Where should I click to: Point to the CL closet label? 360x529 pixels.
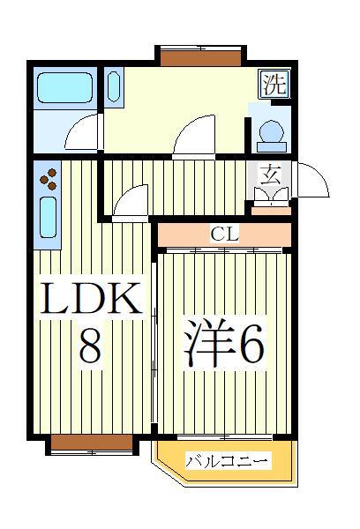(x=223, y=235)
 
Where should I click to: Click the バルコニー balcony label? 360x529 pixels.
(x=227, y=461)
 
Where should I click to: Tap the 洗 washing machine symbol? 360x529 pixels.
(x=274, y=85)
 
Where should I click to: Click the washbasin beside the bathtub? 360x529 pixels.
(x=114, y=88)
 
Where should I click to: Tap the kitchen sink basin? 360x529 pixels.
(x=49, y=219)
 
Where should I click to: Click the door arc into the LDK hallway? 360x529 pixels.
(x=131, y=201)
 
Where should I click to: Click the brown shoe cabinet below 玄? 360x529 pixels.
(x=271, y=210)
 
